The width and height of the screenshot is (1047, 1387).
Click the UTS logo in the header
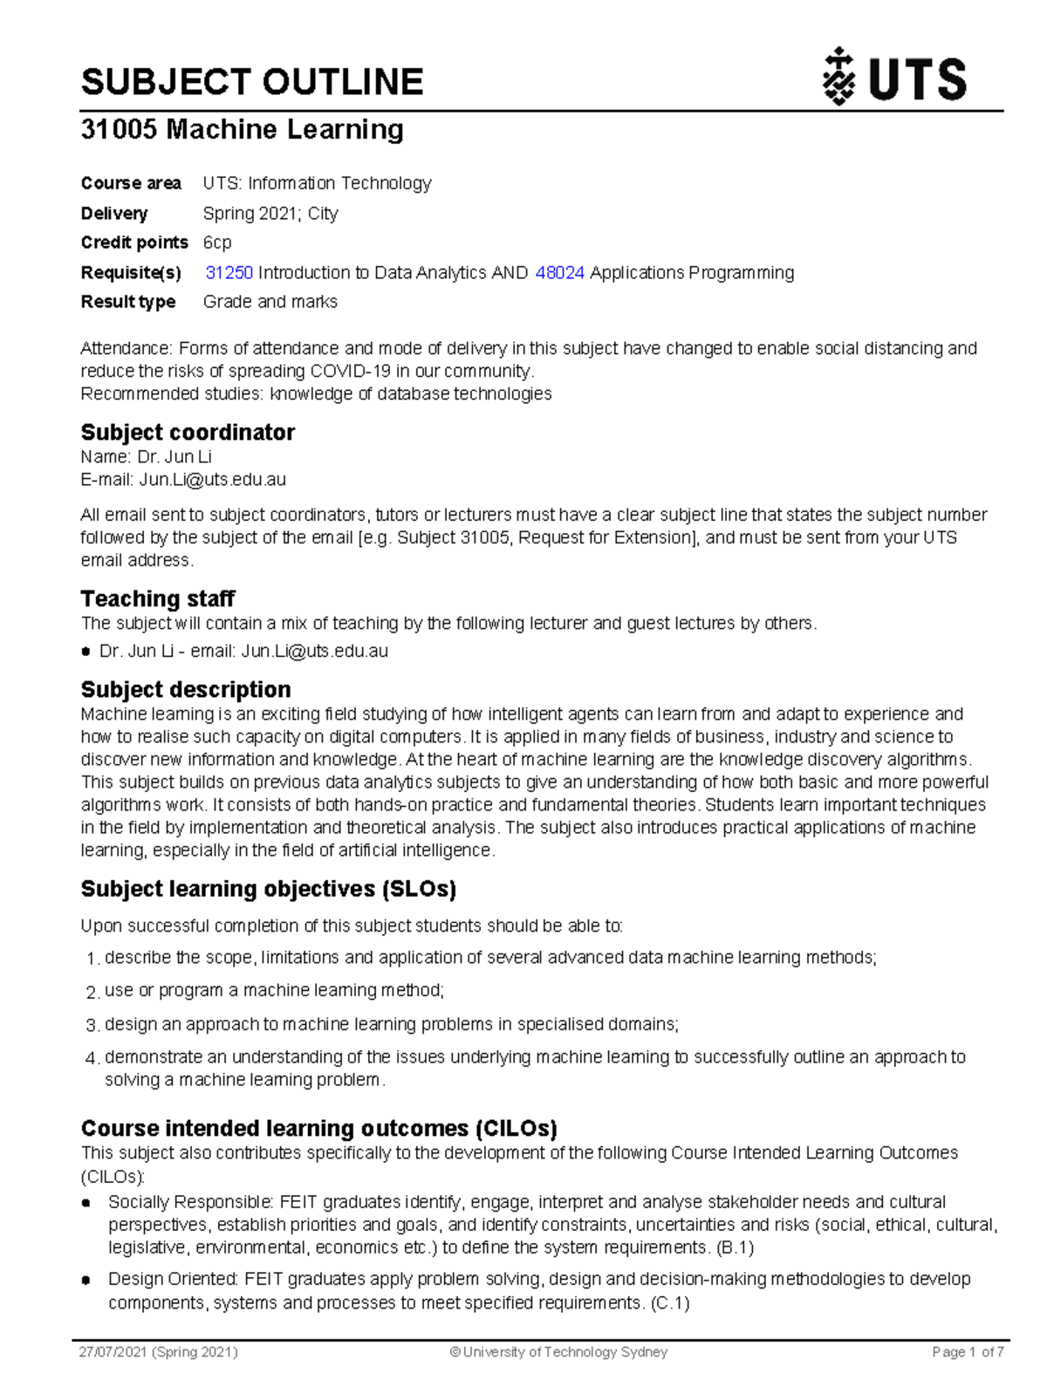895,79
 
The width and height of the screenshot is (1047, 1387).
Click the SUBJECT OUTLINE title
252,82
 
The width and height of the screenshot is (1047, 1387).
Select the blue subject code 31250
229,273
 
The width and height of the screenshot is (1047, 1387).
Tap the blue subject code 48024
559,273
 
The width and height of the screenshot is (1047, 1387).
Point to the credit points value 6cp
217,243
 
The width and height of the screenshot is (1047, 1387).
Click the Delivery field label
114,214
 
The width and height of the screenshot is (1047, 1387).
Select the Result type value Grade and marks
270,302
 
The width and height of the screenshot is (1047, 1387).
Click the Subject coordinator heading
188,433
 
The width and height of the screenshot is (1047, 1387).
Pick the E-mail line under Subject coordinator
183,480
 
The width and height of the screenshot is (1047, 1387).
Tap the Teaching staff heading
158,599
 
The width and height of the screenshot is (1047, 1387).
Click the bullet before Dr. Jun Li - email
86,652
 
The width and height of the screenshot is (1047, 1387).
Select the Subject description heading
186,690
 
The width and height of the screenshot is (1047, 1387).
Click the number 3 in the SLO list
92,1026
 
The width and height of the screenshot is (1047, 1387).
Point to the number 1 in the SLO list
92,960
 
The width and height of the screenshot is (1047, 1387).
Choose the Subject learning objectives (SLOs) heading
269,889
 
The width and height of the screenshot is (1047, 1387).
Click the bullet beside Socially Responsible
86,1203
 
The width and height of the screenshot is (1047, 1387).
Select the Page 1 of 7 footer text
968,1352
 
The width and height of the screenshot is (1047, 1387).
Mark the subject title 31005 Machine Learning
242,129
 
